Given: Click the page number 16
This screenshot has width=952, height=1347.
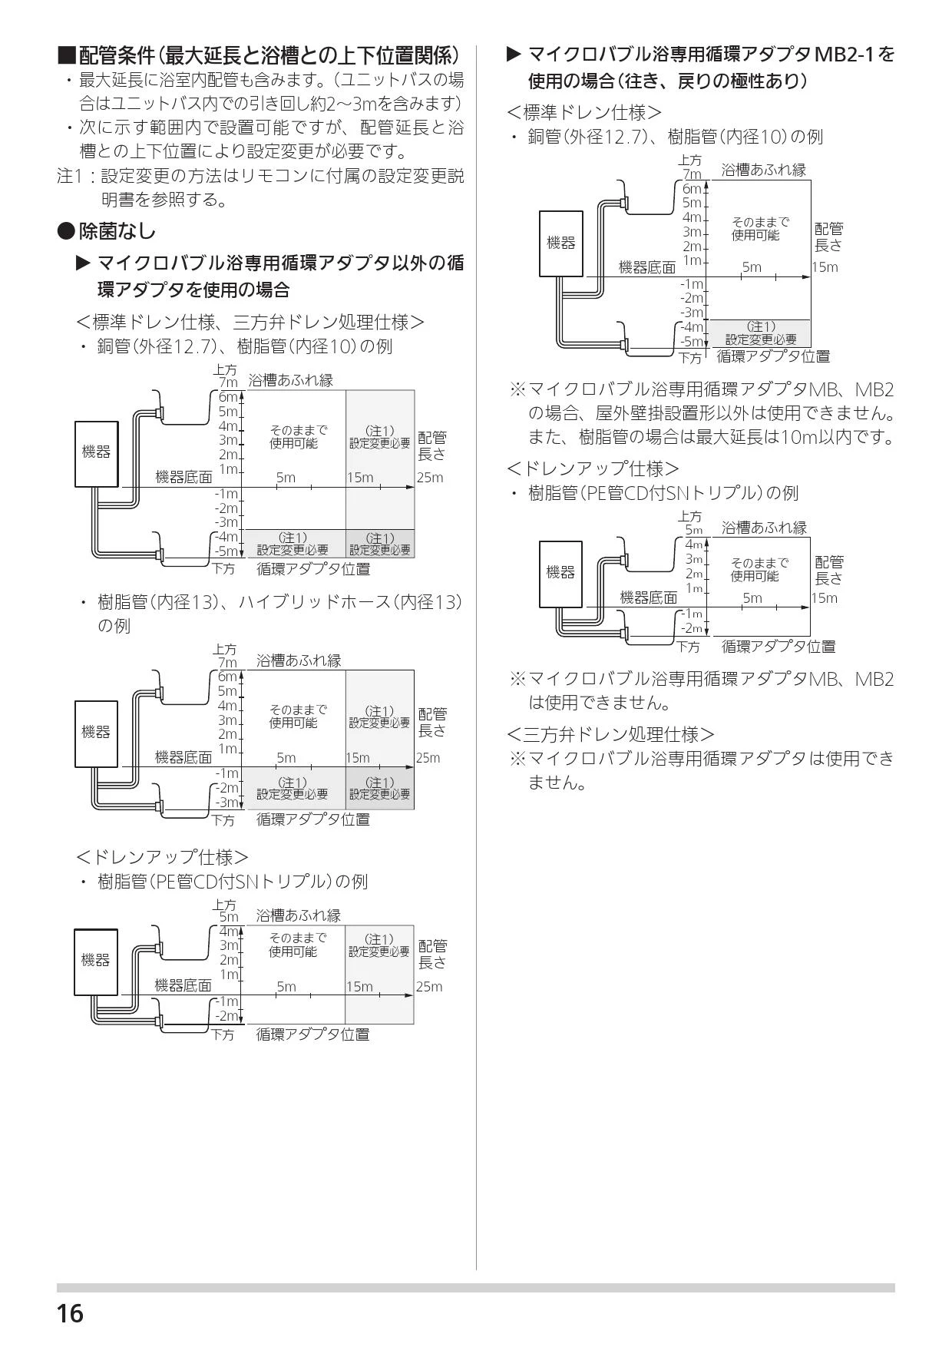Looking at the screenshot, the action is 70,1314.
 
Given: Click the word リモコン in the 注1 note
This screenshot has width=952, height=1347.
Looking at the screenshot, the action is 270,176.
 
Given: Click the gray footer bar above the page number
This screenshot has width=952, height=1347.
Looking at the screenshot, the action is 475,1287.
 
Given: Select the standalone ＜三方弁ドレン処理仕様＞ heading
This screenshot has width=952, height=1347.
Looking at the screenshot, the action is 610,734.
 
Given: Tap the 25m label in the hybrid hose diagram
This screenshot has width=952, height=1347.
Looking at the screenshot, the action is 428,758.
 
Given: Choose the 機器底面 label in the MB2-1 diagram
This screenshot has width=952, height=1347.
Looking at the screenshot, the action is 647,267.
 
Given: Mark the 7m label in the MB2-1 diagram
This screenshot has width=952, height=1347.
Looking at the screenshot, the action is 693,174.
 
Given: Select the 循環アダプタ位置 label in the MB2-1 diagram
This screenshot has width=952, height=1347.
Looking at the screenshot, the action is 773,356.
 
